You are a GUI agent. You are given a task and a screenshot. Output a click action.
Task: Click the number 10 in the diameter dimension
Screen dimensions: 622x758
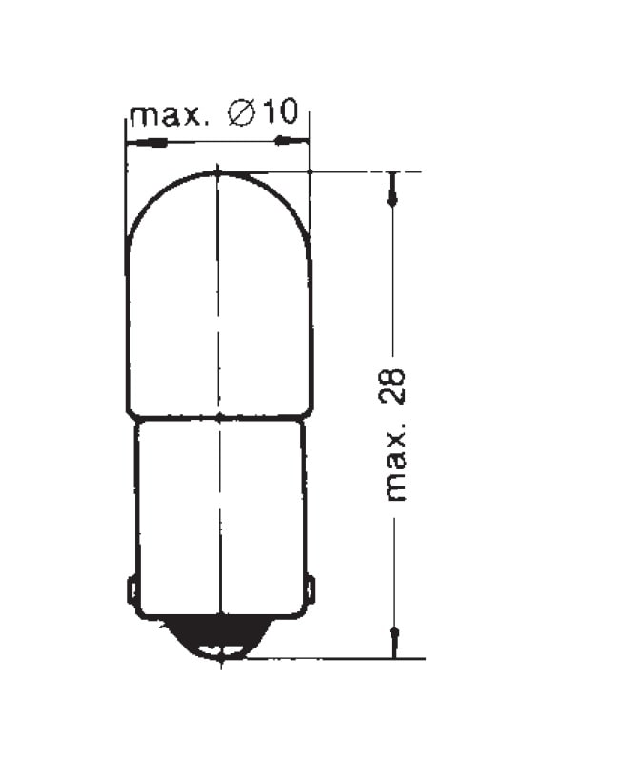pyautogui.click(x=281, y=112)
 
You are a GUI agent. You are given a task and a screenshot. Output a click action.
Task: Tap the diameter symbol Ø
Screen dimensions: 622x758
pyautogui.click(x=242, y=113)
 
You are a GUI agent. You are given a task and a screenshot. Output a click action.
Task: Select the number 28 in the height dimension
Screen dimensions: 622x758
pyautogui.click(x=391, y=386)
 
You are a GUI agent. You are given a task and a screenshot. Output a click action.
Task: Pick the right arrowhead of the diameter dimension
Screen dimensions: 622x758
pyautogui.click(x=291, y=141)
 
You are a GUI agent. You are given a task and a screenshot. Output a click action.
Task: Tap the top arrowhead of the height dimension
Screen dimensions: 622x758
pyautogui.click(x=392, y=189)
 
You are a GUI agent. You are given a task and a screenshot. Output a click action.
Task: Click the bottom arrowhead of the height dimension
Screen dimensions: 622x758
pyautogui.click(x=394, y=643)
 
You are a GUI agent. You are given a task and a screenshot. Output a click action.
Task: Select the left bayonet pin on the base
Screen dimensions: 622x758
pyautogui.click(x=131, y=589)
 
